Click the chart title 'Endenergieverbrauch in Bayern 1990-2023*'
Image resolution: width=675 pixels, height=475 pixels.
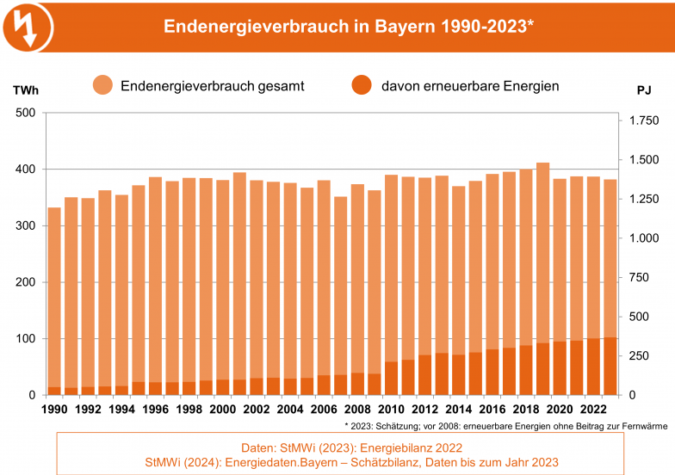click(349, 26)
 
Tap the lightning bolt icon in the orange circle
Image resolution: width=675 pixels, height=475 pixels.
click(28, 26)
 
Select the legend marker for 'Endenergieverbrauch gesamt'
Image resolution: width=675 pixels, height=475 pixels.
click(103, 86)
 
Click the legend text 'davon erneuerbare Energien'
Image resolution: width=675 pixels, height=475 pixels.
click(470, 86)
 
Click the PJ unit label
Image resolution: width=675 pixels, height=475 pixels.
click(644, 89)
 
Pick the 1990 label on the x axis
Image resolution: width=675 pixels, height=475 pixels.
click(54, 410)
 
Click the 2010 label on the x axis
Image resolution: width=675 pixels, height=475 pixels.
click(392, 410)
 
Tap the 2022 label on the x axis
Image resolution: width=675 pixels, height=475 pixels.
click(594, 410)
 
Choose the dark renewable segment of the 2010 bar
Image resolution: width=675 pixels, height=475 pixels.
click(392, 379)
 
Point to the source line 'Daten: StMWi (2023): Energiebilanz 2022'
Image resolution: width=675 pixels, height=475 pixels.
click(340, 447)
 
